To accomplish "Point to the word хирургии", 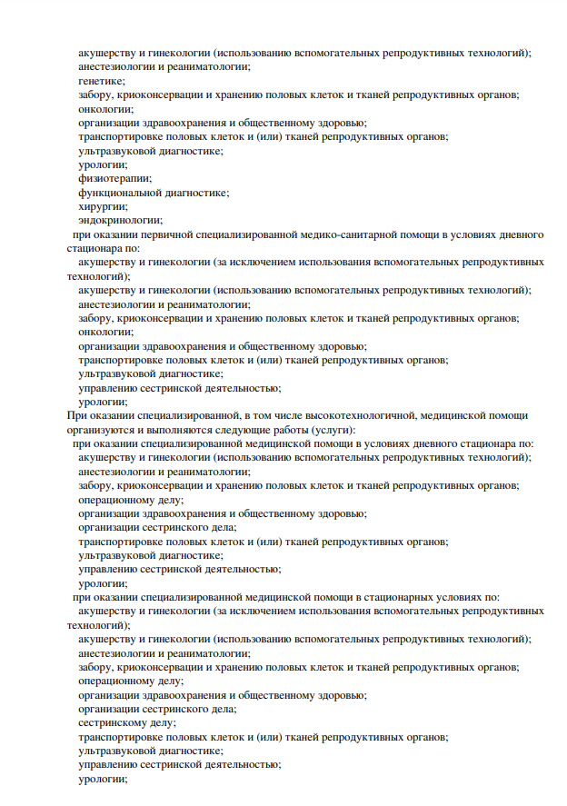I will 101,206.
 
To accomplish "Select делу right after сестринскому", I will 165,722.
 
